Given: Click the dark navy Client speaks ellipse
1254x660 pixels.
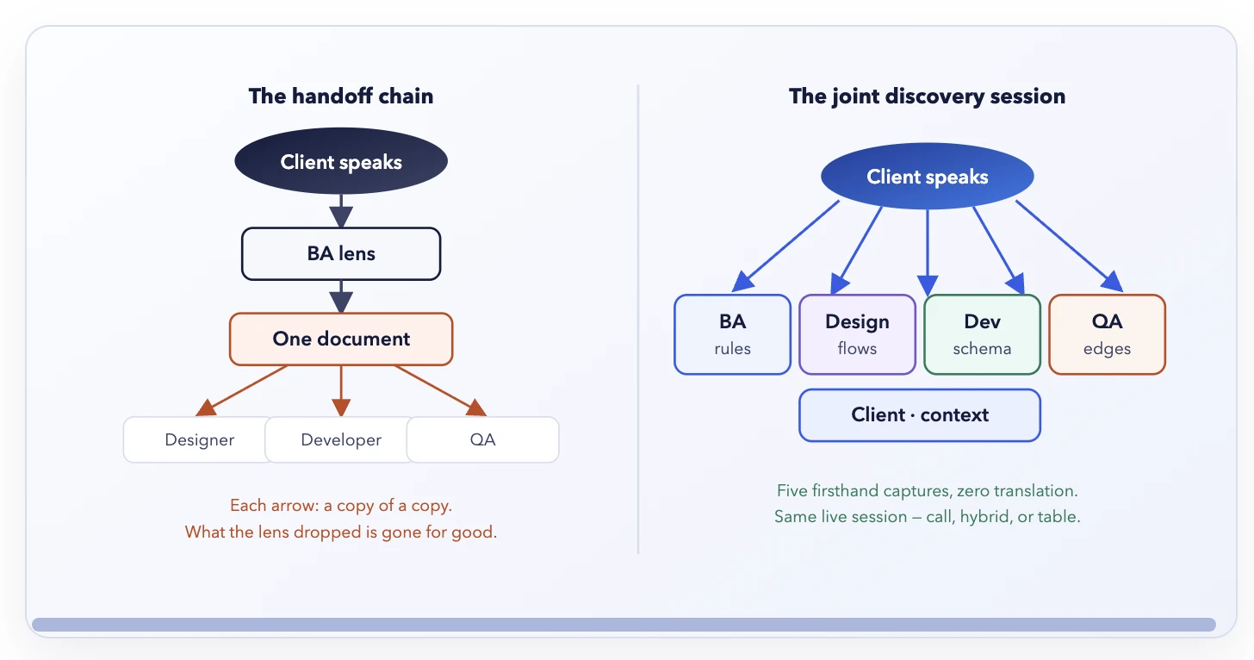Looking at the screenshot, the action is [x=341, y=161].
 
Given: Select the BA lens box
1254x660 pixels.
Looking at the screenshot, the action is [x=341, y=254].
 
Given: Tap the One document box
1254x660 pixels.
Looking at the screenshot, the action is [x=341, y=339].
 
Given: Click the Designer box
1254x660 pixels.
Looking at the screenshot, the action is [x=199, y=439].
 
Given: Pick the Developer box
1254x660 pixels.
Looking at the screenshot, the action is [x=341, y=439].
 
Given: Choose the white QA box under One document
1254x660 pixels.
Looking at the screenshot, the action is [x=482, y=439].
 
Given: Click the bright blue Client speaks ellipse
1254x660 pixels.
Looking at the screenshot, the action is [x=928, y=177].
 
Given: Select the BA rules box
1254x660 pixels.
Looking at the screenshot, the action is [x=732, y=334].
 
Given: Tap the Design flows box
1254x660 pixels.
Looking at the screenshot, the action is [x=857, y=334].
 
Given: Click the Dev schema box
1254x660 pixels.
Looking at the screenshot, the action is [x=982, y=334].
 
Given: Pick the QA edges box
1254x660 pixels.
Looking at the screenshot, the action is [x=1107, y=334].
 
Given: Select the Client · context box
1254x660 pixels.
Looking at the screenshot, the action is [x=920, y=415].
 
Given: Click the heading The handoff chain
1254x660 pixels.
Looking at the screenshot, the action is [x=341, y=96].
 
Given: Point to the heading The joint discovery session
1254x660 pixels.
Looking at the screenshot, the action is [x=927, y=97].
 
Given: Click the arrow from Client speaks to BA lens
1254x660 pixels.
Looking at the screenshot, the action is [x=341, y=211].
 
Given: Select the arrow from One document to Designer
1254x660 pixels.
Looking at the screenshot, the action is [x=241, y=391].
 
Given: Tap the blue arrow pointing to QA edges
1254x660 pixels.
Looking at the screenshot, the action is [x=1070, y=246].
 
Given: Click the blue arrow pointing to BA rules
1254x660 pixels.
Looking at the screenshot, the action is [x=785, y=246].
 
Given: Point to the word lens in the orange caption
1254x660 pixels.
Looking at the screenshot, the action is [x=273, y=532].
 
